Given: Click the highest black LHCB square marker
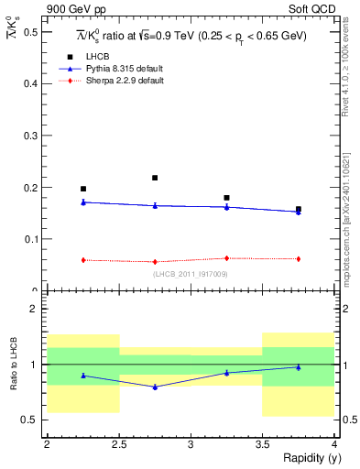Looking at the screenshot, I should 155,178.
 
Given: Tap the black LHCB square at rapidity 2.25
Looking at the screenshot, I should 83,189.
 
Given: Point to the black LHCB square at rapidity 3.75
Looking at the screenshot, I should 299,210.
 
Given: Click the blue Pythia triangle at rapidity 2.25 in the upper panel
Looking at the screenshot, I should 83,202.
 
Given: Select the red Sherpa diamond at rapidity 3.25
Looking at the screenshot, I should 226,258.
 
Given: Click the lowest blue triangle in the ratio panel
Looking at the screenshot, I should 155,387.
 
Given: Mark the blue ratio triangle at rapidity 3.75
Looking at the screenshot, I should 299,367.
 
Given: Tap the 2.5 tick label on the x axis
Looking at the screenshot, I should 119,444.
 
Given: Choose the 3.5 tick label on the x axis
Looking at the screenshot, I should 263,444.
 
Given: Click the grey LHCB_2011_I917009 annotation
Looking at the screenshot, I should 191,273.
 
